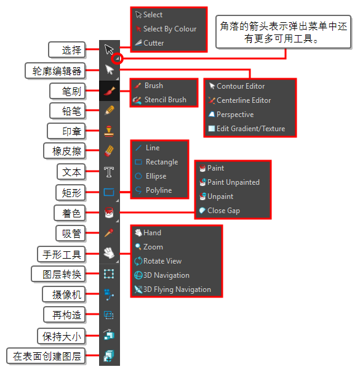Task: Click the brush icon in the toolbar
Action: [110, 91]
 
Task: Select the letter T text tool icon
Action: [109, 172]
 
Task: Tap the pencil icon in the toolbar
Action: [110, 111]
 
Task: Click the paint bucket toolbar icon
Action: [109, 212]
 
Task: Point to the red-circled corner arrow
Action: [118, 58]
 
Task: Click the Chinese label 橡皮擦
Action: [67, 151]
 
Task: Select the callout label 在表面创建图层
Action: [47, 356]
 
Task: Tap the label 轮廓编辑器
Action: [57, 71]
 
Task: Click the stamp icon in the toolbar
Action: [109, 131]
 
